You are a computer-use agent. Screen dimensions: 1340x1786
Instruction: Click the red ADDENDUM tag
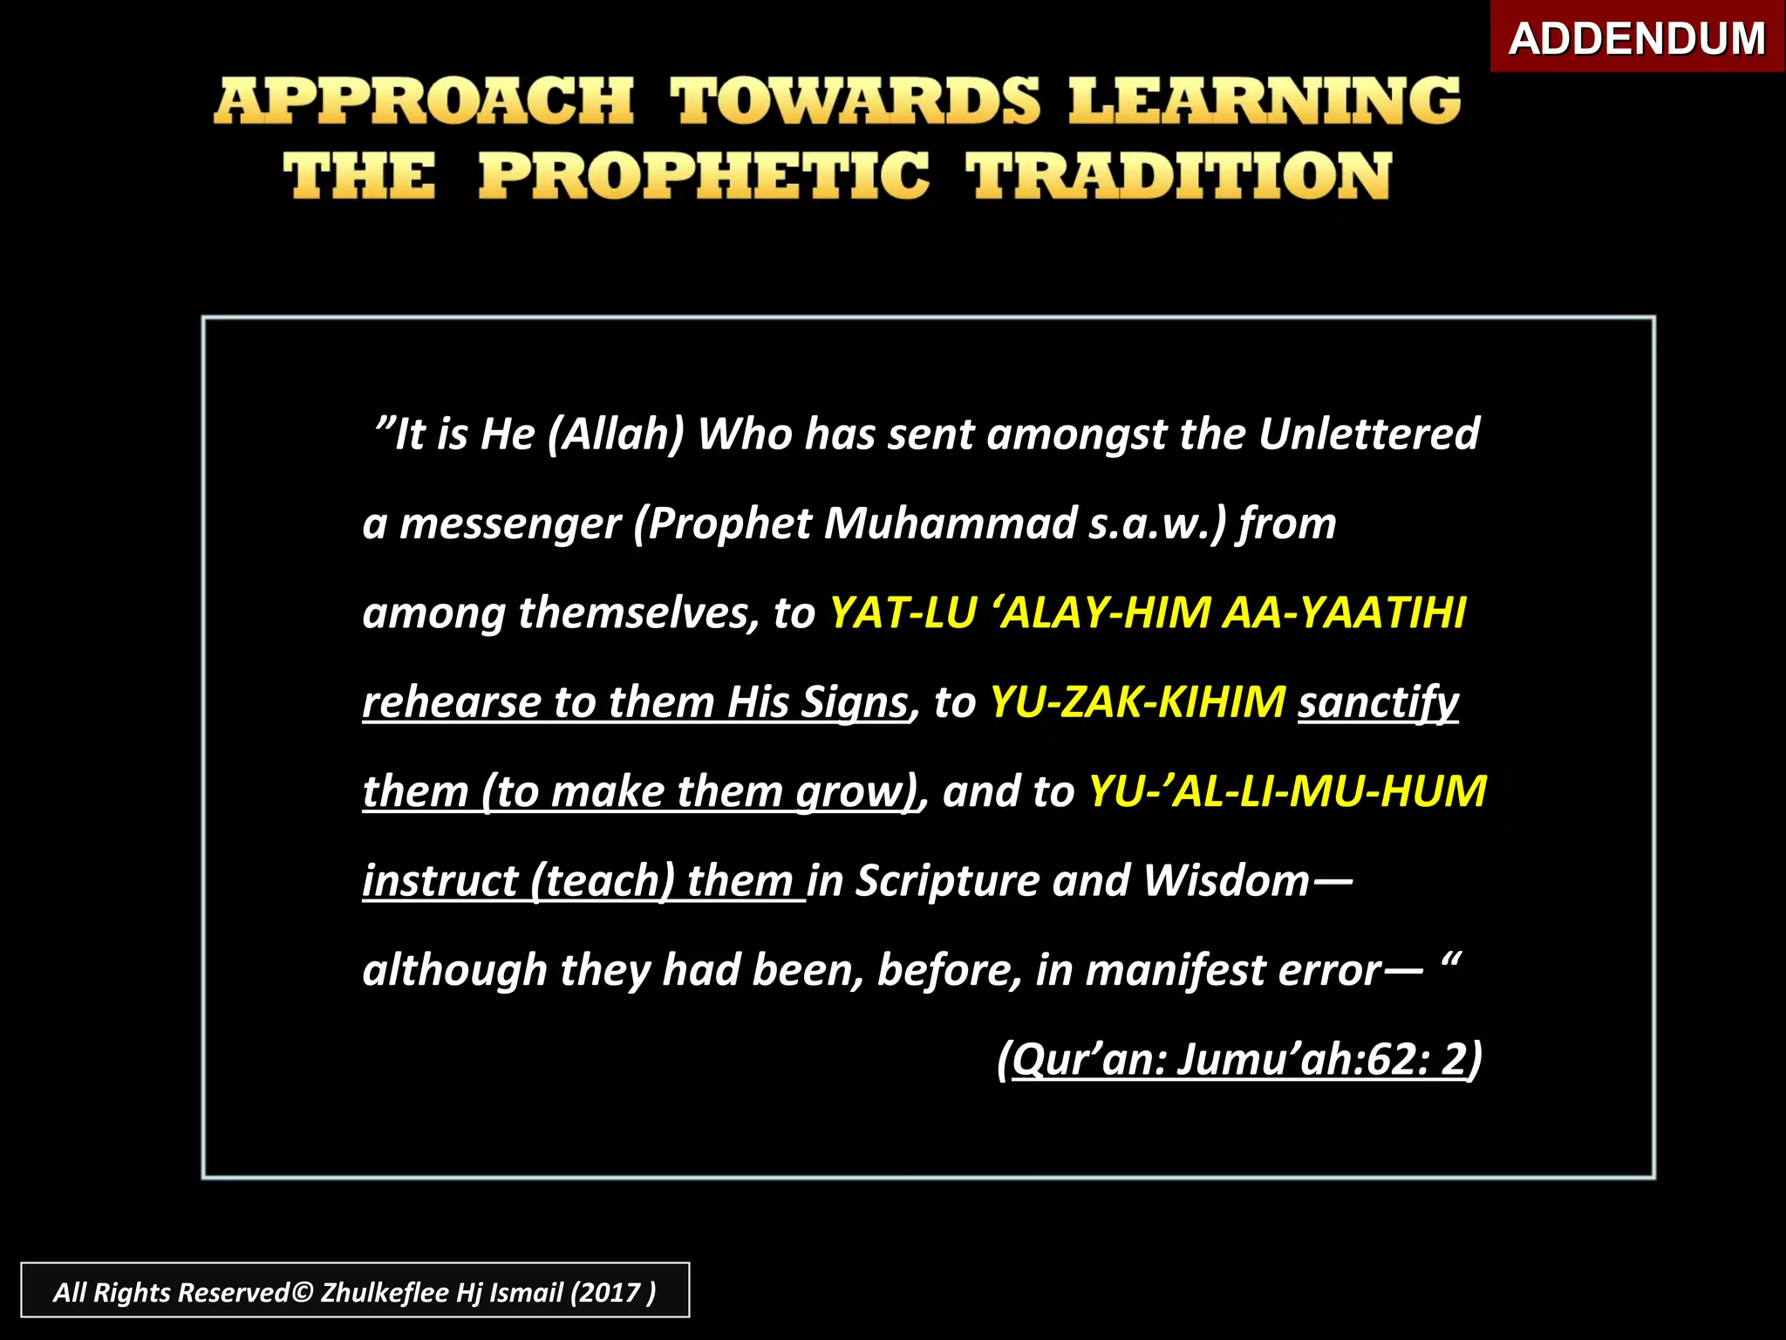pyautogui.click(x=1636, y=38)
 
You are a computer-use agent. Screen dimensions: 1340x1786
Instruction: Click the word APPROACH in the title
pyautogui.click(x=424, y=101)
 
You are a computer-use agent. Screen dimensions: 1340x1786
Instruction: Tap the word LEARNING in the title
pyautogui.click(x=1265, y=101)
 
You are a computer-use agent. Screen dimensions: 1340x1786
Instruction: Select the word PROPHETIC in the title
pyautogui.click(x=704, y=176)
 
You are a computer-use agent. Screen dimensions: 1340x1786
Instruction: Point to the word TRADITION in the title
pyautogui.click(x=1178, y=176)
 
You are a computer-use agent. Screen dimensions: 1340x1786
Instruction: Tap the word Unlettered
pyautogui.click(x=1368, y=434)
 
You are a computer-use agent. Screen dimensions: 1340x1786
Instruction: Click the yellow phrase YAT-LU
pyautogui.click(x=902, y=612)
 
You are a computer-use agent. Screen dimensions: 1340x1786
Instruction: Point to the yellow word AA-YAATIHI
pyautogui.click(x=1344, y=612)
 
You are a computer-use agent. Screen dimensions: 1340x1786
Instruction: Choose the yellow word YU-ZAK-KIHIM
pyautogui.click(x=1137, y=702)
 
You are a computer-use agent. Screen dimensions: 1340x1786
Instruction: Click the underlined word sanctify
pyautogui.click(x=1378, y=702)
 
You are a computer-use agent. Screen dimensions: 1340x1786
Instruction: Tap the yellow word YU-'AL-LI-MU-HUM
pyautogui.click(x=1287, y=791)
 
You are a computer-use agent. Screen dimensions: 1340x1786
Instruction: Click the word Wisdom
pyautogui.click(x=1226, y=881)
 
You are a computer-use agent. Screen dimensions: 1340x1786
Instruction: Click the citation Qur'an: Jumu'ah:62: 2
pyautogui.click(x=1239, y=1060)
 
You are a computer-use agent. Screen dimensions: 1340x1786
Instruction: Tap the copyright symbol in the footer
pyautogui.click(x=302, y=1292)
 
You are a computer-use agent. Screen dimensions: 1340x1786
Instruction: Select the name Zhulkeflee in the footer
pyautogui.click(x=385, y=1292)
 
